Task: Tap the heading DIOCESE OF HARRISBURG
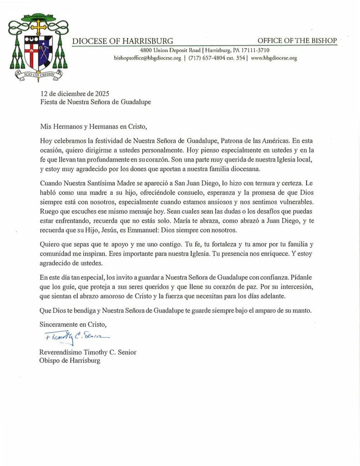(x=122, y=41)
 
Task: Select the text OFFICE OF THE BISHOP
(x=297, y=41)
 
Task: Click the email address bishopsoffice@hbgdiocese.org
(x=147, y=58)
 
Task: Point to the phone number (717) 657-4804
(x=209, y=58)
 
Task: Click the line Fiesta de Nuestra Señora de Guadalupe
(x=95, y=102)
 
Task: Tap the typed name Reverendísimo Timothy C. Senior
(x=88, y=352)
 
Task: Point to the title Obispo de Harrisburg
(x=70, y=361)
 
